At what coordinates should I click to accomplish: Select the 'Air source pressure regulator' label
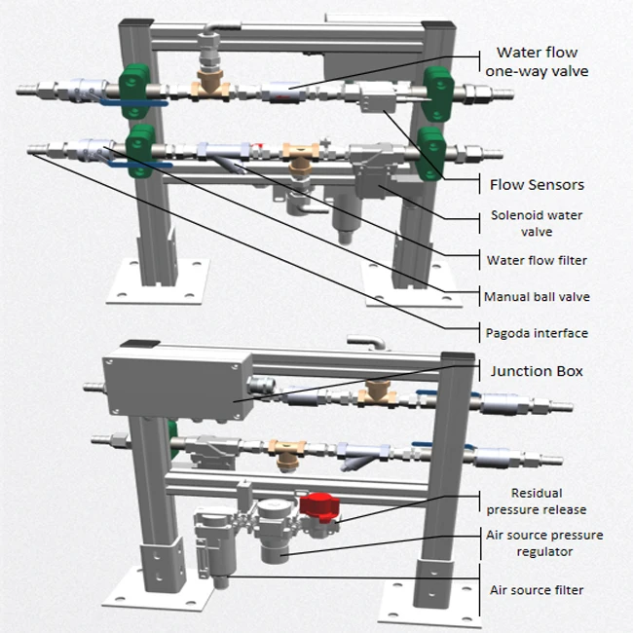(x=543, y=543)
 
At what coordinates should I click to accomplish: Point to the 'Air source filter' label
(x=536, y=589)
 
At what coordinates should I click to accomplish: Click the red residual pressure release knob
(x=316, y=507)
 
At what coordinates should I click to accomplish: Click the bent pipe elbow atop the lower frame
(x=366, y=342)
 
